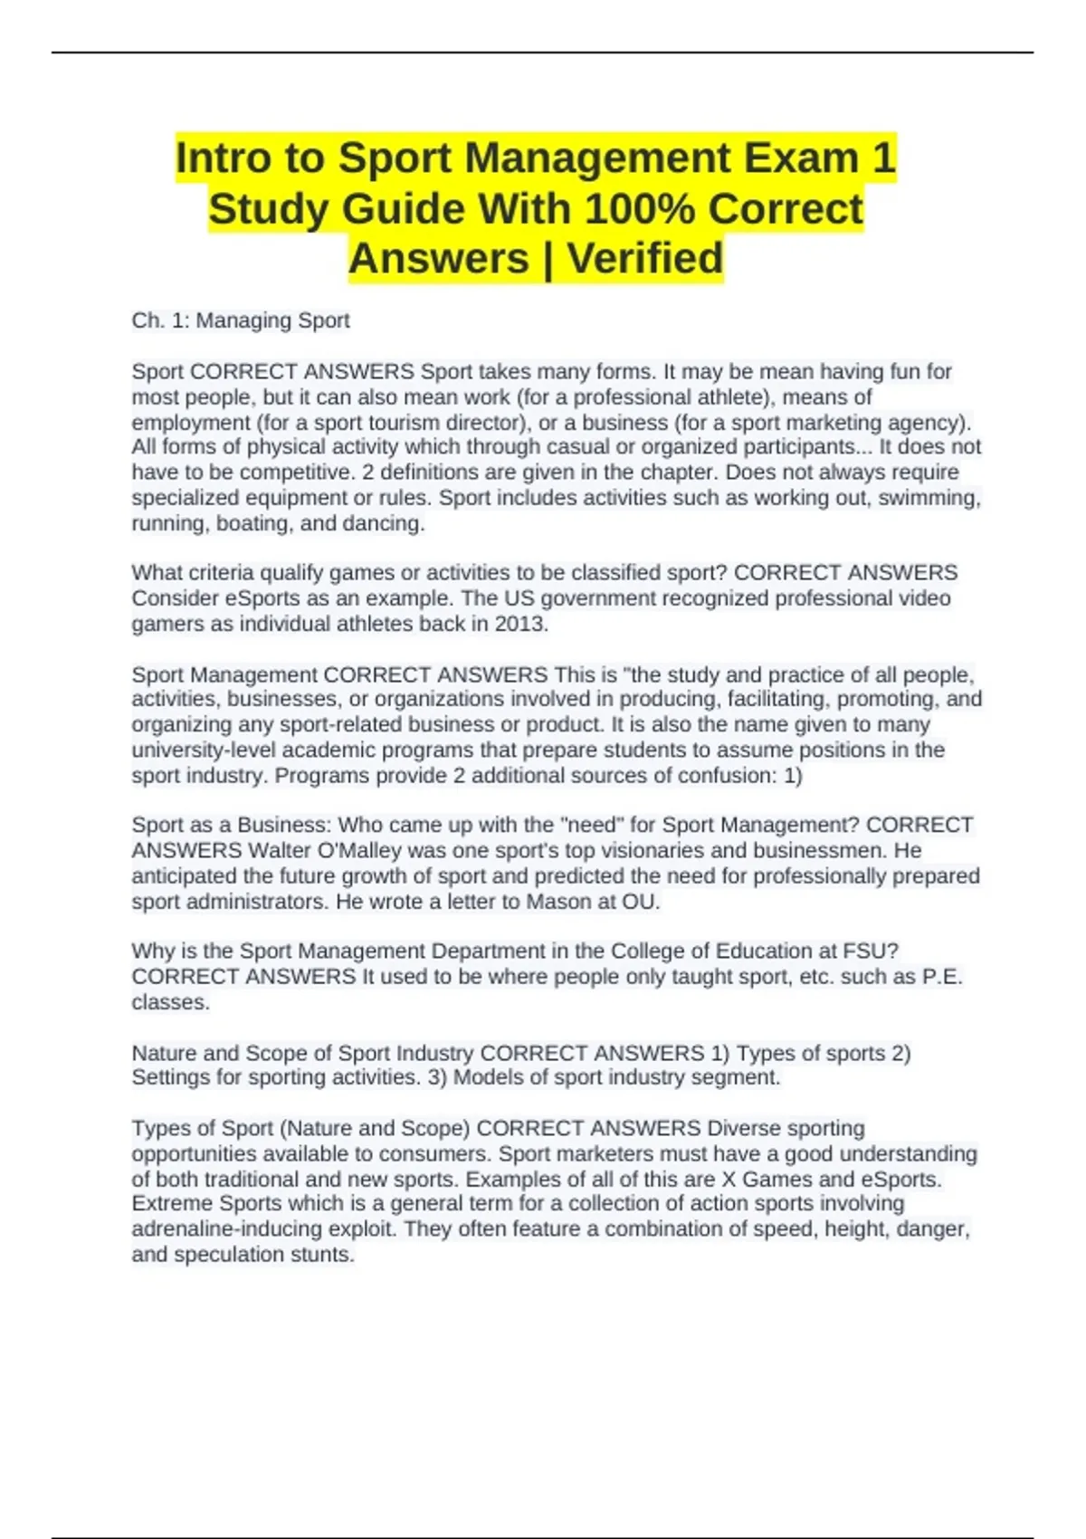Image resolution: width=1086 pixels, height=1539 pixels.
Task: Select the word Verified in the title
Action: pyautogui.click(x=644, y=259)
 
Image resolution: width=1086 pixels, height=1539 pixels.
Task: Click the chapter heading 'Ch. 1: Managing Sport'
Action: pyautogui.click(x=241, y=320)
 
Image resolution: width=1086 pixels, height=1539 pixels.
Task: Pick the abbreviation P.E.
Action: pyautogui.click(x=942, y=976)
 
